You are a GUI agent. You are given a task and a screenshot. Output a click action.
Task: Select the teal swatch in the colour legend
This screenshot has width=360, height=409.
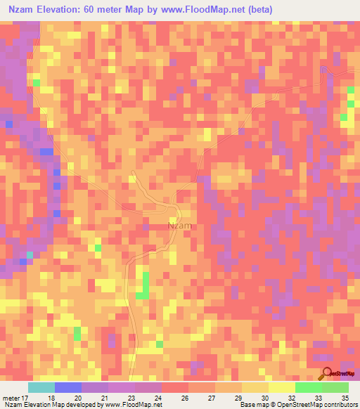[x=41, y=387]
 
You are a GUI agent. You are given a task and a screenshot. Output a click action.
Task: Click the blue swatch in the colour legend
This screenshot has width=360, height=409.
[x=68, y=387]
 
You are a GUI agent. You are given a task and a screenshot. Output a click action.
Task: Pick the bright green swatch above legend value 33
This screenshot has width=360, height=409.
[x=308, y=387]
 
